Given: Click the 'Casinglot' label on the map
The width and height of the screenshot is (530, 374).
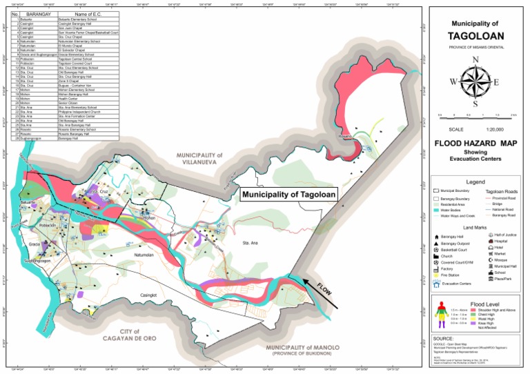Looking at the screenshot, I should tap(148, 295).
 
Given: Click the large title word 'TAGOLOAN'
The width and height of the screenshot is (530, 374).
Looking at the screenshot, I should tap(475, 35).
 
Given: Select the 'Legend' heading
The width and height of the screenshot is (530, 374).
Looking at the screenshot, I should tap(475, 180).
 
